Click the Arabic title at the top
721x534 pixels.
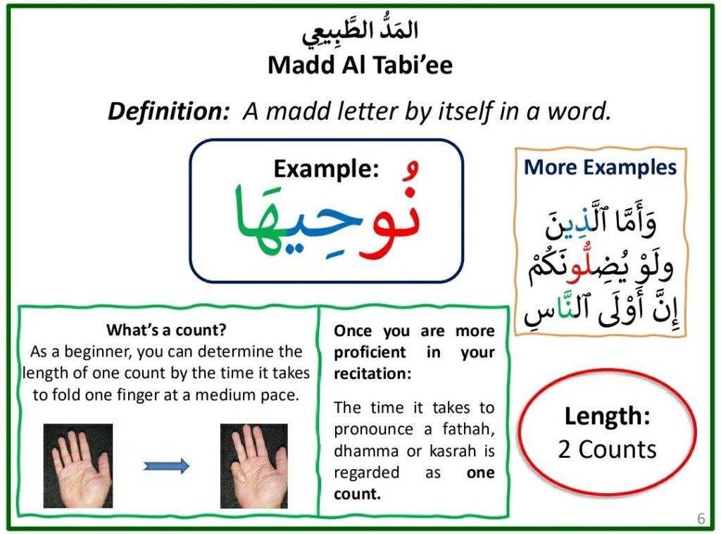(360, 31)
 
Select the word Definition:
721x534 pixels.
(168, 111)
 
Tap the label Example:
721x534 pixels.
(326, 169)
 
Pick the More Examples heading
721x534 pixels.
(600, 167)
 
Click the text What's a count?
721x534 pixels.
(166, 330)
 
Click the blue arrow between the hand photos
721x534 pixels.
(166, 466)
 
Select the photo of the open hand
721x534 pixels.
(77, 466)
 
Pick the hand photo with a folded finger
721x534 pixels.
(253, 466)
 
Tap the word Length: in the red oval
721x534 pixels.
(607, 416)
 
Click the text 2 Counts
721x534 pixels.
(607, 449)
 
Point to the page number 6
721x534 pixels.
(701, 519)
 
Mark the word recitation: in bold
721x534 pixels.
(372, 373)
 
